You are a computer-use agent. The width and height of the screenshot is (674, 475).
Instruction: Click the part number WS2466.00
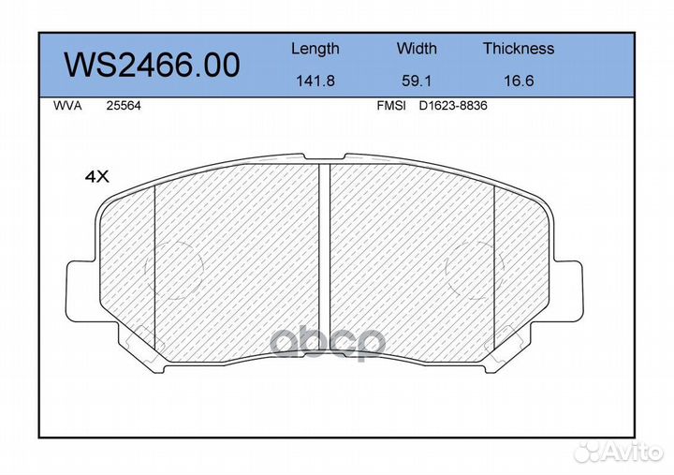152,66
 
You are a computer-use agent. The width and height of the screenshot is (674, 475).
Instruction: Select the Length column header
315,49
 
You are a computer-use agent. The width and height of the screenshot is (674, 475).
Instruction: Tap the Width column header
417,48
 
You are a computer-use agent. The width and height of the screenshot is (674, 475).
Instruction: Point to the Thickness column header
519,48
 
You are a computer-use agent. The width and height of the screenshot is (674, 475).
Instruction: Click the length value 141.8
315,81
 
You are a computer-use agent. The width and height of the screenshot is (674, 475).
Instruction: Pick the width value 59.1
417,81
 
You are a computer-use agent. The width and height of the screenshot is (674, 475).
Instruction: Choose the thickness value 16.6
519,81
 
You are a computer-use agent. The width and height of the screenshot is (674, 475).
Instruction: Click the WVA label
67,106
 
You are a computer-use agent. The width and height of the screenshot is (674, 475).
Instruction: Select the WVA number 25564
124,106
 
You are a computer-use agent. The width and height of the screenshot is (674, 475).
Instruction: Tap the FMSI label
391,106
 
